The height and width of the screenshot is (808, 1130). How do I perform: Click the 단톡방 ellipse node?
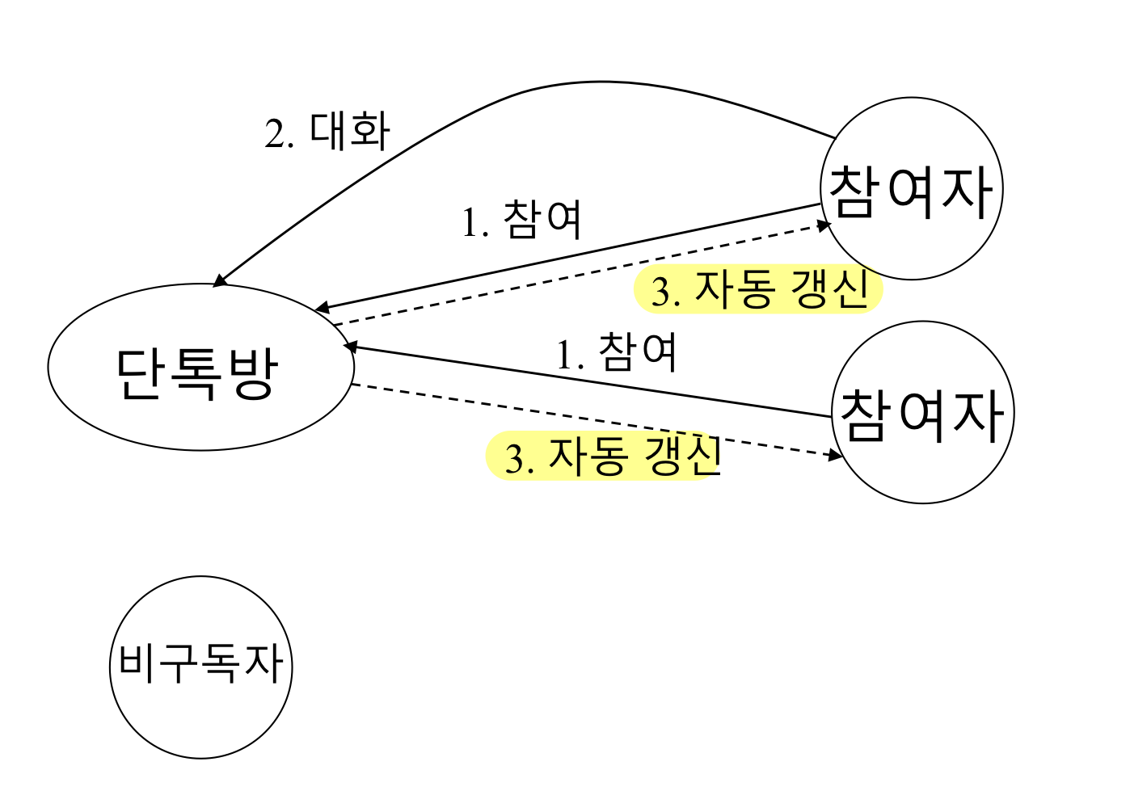point(200,368)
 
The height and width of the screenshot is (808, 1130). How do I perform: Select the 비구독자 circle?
point(200,667)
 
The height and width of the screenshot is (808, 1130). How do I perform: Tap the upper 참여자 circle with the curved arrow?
point(912,189)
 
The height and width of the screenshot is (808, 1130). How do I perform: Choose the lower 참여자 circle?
point(922,412)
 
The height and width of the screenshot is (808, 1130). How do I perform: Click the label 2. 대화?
point(327,132)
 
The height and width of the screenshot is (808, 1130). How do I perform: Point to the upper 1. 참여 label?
point(522,220)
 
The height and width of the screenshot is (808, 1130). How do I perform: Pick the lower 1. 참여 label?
point(617,353)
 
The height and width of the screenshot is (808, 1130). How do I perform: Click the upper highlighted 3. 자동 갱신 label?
point(759,290)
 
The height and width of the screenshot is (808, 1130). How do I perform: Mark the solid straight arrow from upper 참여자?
point(566,257)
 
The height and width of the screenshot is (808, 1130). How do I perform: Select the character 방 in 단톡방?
point(253,373)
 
